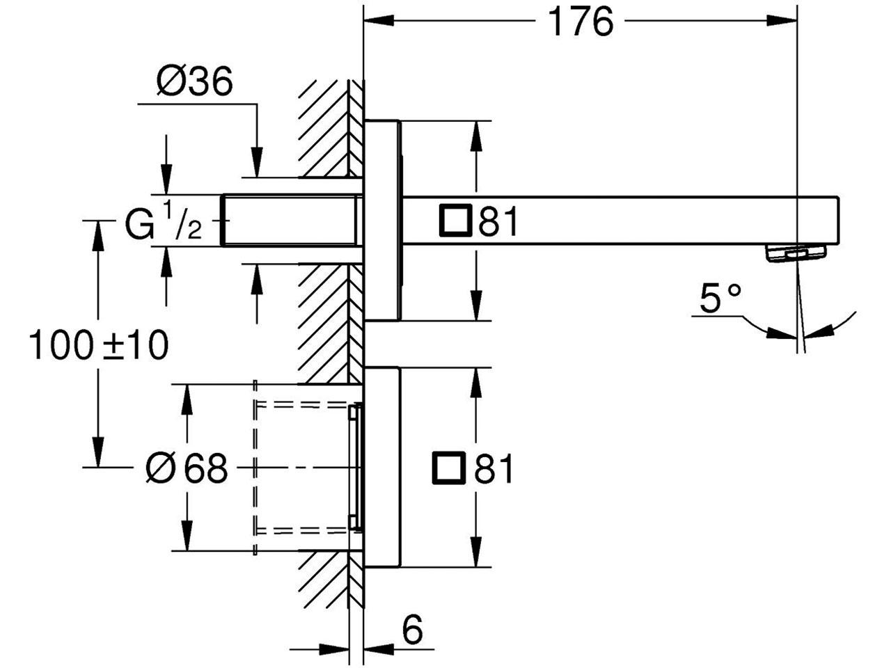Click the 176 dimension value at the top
[581, 23]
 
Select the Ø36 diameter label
[195, 81]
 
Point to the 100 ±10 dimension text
[99, 345]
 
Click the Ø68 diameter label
[187, 468]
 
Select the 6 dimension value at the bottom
[412, 630]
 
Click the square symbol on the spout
[455, 221]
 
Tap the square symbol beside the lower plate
[448, 468]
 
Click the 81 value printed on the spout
[498, 221]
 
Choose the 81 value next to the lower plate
[494, 468]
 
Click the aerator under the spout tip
[796, 254]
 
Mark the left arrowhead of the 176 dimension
[379, 20]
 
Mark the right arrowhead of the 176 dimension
[782, 20]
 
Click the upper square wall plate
[383, 221]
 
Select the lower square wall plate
[382, 467]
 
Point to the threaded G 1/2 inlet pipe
[292, 221]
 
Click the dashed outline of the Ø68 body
[255, 468]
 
